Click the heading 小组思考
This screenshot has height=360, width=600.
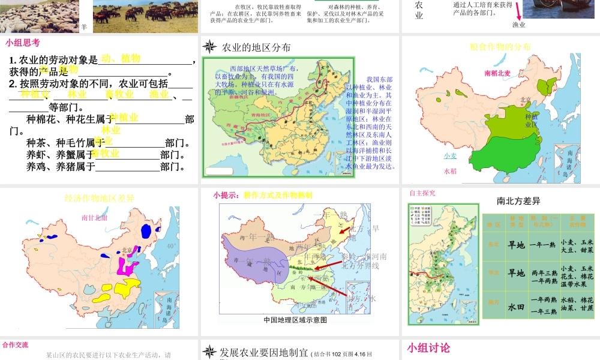click(23, 42)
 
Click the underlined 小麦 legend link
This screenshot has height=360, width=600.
click(450, 155)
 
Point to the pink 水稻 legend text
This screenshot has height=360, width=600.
click(450, 171)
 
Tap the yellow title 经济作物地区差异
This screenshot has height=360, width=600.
click(100, 198)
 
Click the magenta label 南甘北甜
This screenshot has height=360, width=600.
click(94, 217)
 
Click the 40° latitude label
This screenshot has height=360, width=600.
click(172, 245)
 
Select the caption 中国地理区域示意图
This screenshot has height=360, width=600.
click(296, 320)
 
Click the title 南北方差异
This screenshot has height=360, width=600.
click(519, 201)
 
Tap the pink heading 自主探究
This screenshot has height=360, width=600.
click(422, 193)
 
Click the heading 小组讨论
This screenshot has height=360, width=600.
click(428, 348)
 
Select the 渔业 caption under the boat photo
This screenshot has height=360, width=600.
click(519, 25)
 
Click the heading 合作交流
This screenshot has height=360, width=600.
click(15, 345)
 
